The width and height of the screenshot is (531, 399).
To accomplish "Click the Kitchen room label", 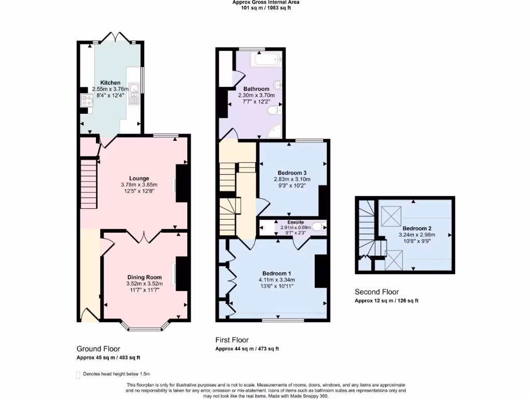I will (x=110, y=83).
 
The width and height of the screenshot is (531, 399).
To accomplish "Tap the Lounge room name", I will (x=139, y=178).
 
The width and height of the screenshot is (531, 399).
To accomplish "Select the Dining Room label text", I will (x=144, y=277).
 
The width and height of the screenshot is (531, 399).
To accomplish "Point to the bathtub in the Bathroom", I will (x=265, y=60).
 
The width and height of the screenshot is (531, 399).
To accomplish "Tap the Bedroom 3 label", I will (x=292, y=173).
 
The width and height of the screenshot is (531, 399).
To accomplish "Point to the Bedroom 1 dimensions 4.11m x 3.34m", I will (x=276, y=280).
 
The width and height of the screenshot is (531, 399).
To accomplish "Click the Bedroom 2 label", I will (x=417, y=228).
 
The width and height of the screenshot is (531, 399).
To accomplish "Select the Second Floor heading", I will (x=376, y=292).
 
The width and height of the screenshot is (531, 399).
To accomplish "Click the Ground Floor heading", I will (x=99, y=349).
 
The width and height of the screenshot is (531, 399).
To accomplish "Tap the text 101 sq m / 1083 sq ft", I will (x=265, y=8).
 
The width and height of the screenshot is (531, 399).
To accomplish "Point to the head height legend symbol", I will (x=78, y=374).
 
